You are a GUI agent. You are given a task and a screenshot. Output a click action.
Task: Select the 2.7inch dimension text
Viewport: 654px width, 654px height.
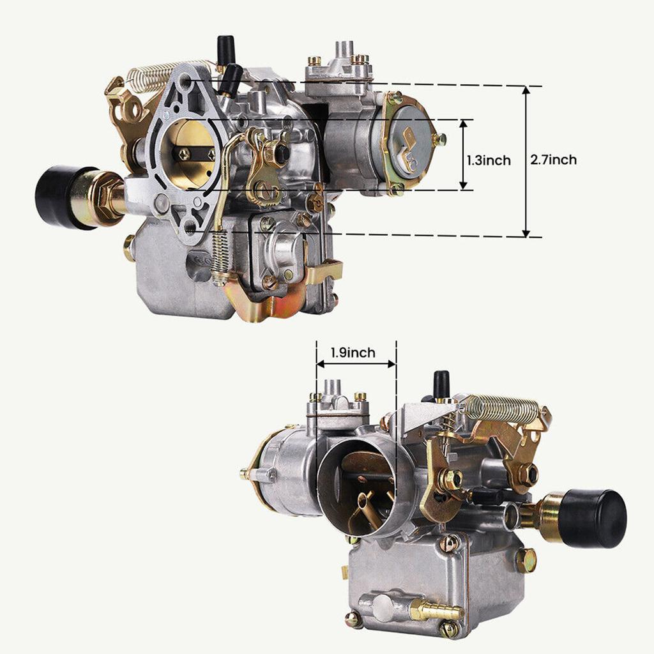[x=553, y=160]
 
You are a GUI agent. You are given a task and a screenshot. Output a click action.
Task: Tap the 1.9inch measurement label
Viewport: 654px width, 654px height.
[x=353, y=352]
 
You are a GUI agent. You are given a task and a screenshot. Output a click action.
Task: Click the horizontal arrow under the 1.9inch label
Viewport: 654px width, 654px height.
[x=356, y=364]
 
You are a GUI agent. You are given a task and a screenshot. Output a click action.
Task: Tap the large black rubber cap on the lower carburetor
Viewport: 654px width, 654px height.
[x=594, y=519]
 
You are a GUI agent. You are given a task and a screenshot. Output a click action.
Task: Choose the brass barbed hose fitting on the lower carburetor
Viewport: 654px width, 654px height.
[x=436, y=611]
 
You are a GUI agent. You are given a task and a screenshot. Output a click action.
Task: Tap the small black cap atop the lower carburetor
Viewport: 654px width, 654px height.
[x=441, y=384]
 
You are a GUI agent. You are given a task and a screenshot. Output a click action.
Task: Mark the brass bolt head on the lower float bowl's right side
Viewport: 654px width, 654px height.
[x=526, y=560]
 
